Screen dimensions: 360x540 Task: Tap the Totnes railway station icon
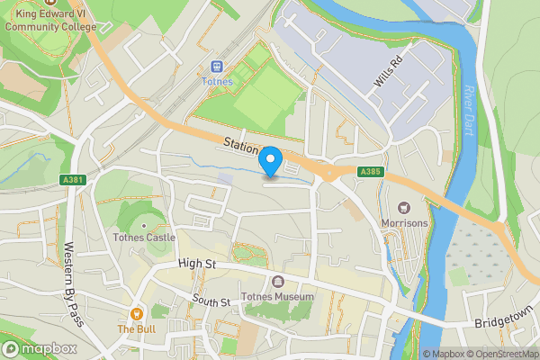[216, 67]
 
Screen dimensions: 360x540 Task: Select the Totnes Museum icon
[276, 283]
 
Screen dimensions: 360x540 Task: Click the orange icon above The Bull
[137, 314]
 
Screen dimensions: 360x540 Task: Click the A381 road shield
[74, 180]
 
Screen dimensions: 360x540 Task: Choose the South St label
[211, 301]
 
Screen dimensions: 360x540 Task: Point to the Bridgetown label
[502, 322]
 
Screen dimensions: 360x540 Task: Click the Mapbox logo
[40, 348]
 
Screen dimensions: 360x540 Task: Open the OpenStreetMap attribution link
[500, 354]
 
